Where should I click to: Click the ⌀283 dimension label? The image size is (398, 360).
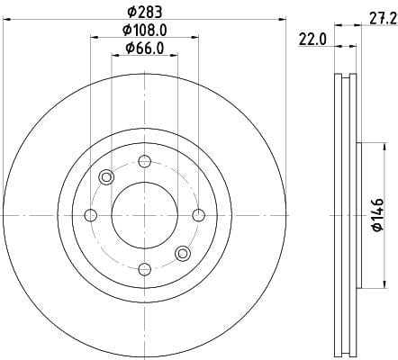pos(145,12)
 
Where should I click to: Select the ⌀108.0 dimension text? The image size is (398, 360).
pos(144,30)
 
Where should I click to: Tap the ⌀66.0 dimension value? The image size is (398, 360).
pos(145,48)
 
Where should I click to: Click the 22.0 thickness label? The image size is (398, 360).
pos(312,40)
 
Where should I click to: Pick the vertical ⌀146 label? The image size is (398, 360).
pos(378,215)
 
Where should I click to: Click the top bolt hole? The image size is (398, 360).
pos(144,161)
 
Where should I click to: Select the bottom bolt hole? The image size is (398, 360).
pos(144,269)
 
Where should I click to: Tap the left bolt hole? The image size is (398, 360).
pos(90,215)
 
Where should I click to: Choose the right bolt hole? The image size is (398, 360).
pos(198,215)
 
